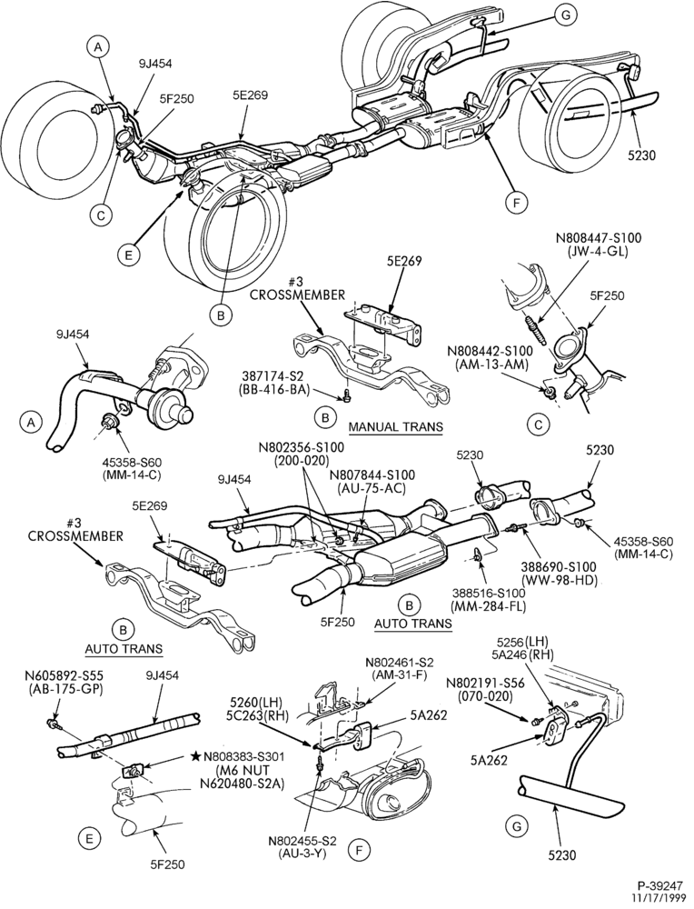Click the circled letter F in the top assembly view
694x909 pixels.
[x=515, y=203]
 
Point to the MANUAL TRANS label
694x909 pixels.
[x=395, y=427]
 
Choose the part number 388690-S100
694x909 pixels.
[x=559, y=568]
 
